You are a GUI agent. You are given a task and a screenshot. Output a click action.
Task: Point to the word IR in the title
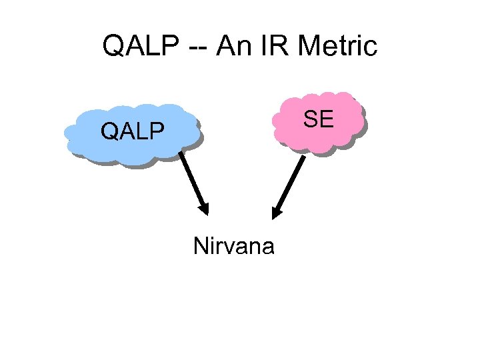point(273,47)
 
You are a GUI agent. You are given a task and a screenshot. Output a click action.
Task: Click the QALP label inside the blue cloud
point(132,131)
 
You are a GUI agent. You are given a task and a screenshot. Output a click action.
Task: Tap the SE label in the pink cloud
point(318,119)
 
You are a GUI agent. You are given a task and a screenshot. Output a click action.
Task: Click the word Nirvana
point(233,247)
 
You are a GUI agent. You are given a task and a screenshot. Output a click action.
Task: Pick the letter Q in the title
point(113,47)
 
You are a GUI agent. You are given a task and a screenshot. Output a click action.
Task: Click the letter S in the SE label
point(310,119)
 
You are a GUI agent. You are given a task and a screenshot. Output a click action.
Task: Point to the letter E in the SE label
point(326,119)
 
